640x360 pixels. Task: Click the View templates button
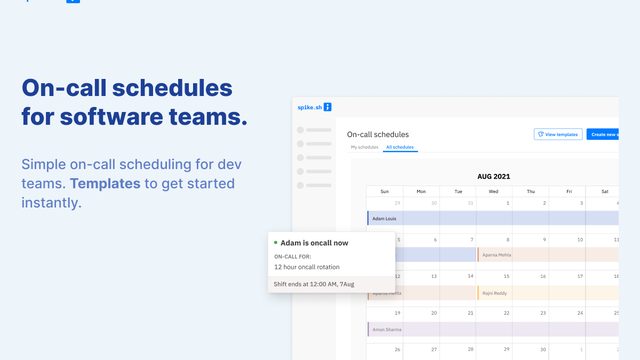coord(558,134)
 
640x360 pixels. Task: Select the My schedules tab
coord(364,147)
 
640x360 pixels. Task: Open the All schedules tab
coord(400,147)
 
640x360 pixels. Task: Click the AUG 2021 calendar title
coord(494,174)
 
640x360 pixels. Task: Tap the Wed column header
coord(494,191)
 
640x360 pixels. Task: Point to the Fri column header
coord(568,191)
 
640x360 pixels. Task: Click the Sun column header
coord(384,191)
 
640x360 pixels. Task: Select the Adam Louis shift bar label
coord(385,218)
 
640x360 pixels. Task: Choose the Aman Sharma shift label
coord(388,329)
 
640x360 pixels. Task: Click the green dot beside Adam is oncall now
coord(275,243)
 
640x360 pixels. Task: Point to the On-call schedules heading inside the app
coord(378,134)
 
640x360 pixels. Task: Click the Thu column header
coord(531,191)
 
